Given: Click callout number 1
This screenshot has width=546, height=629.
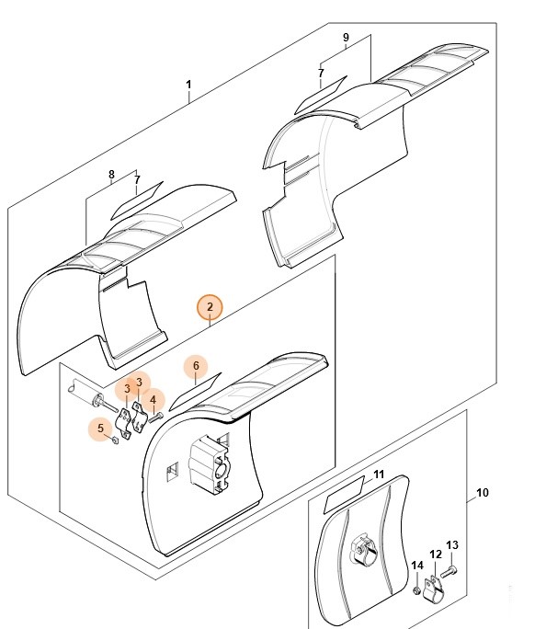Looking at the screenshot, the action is (188, 85).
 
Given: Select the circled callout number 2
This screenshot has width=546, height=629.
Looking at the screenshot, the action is (210, 307).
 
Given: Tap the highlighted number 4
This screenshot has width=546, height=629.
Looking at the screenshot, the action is (154, 400).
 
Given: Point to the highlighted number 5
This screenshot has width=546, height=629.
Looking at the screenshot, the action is (100, 429).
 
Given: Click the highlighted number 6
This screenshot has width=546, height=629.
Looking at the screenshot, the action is (196, 366).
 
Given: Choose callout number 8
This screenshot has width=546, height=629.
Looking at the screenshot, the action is (111, 175).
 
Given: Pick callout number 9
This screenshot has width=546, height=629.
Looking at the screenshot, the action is (346, 38).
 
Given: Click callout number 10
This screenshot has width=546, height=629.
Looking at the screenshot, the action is (483, 493).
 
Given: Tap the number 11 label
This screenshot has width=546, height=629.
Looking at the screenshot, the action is (379, 475).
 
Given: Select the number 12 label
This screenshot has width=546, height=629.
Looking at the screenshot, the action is (436, 555).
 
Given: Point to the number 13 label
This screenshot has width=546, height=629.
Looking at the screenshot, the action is (452, 545).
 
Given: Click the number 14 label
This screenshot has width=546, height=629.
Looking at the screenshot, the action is (417, 566).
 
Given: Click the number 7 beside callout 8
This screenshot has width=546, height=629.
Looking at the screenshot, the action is (137, 179).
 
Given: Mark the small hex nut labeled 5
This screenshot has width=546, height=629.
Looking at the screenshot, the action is (115, 440).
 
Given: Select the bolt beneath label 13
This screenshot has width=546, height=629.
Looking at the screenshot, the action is (449, 571).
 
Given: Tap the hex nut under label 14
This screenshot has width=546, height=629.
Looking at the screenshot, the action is (416, 590).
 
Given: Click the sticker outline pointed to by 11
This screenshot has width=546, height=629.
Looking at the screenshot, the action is (344, 494).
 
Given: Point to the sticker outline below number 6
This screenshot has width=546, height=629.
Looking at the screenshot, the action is (195, 392).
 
